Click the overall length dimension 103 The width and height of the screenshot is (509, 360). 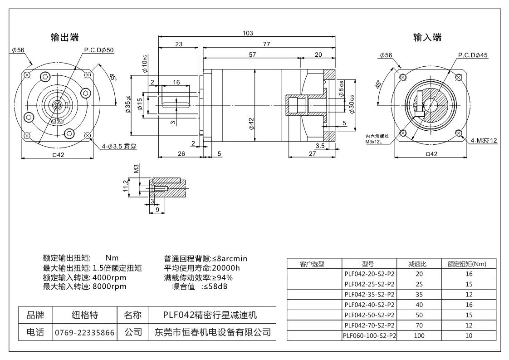[x=247, y=33]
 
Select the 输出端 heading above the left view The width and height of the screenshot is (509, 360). [x=64, y=37]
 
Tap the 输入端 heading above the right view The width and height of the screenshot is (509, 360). [x=427, y=37]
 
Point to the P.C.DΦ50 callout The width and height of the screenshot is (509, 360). [x=99, y=50]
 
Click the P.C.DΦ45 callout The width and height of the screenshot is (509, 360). [x=473, y=55]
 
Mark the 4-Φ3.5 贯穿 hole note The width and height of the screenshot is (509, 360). [x=119, y=147]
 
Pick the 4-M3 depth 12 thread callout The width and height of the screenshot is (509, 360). [x=484, y=141]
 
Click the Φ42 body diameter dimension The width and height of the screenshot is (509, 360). [x=251, y=124]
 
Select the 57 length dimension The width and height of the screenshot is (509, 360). [x=252, y=54]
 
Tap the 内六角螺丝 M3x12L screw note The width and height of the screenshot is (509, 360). [x=377, y=139]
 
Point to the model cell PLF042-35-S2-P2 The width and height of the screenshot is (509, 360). [x=369, y=294]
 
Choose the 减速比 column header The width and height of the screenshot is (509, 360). [x=417, y=264]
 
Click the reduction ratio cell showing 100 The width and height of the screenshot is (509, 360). [x=419, y=335]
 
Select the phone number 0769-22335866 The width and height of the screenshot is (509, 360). [x=85, y=332]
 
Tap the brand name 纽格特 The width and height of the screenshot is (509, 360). [x=85, y=315]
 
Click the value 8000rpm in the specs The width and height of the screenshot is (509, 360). [x=109, y=286]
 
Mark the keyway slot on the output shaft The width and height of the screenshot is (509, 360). [x=176, y=105]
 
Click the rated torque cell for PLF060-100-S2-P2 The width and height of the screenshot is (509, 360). [x=469, y=335]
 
